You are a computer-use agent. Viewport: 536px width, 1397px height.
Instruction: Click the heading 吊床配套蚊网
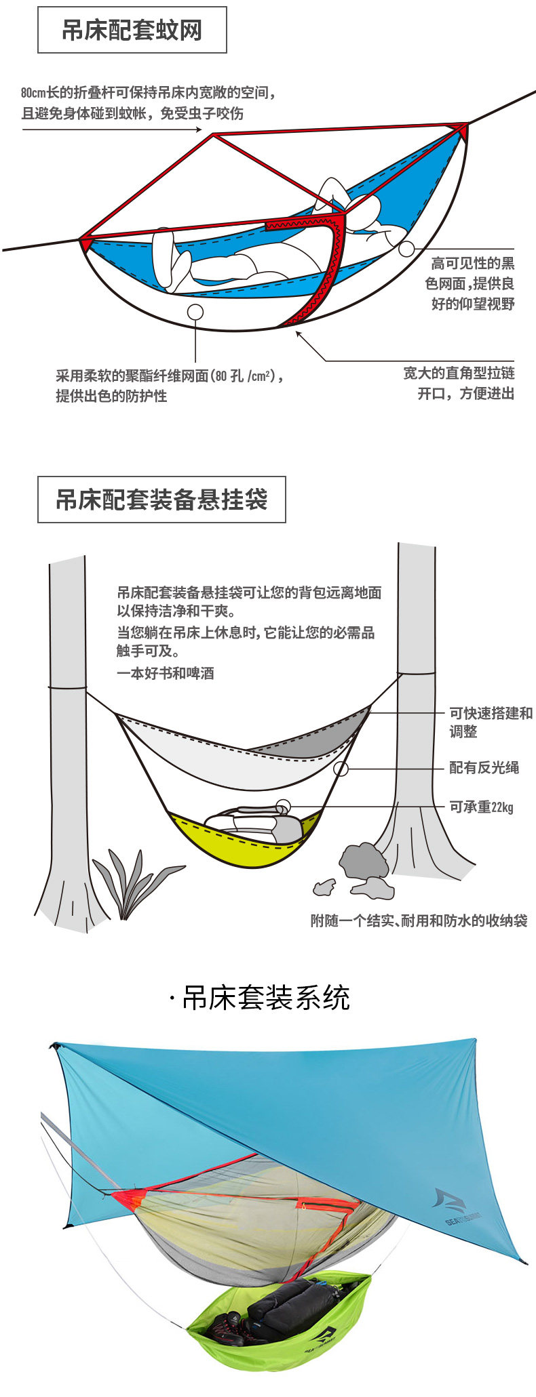pyautogui.click(x=132, y=31)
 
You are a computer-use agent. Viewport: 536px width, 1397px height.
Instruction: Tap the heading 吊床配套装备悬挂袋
pyautogui.click(x=161, y=500)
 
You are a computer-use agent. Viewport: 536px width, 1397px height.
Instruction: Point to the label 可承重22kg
pyautogui.click(x=481, y=807)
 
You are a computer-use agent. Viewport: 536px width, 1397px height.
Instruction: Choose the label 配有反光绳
pyautogui.click(x=484, y=767)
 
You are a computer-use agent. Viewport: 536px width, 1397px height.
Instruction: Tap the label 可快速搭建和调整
pyautogui.click(x=491, y=722)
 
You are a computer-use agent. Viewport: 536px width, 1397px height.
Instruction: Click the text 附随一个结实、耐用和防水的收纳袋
pyautogui.click(x=419, y=920)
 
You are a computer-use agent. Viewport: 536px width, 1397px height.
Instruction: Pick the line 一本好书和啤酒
pyautogui.click(x=165, y=673)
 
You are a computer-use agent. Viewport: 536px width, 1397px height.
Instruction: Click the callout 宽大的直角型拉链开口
pyautogui.click(x=459, y=383)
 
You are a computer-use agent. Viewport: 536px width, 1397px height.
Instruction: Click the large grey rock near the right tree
pyautogui.click(x=364, y=860)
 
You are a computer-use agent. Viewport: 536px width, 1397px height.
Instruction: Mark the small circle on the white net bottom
pyautogui.click(x=195, y=312)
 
